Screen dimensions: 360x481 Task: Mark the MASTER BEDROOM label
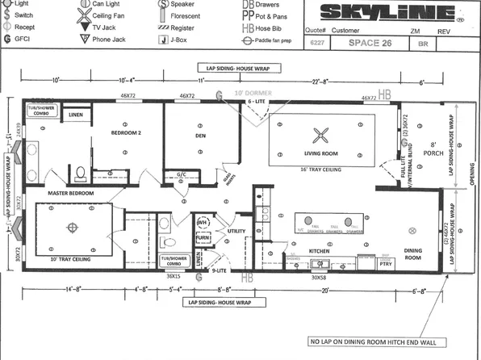(71, 194)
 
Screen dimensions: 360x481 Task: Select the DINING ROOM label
(412, 254)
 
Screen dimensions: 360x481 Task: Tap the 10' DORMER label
(247, 94)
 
